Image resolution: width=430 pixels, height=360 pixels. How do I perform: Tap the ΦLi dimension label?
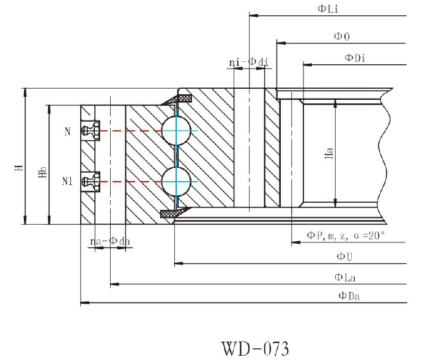point(327,8)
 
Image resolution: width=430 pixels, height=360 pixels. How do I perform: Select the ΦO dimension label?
point(341,37)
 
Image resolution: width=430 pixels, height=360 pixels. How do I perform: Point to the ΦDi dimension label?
point(355,58)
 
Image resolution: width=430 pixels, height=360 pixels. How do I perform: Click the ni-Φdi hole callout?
point(248,62)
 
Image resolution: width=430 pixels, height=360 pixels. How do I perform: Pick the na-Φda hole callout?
point(110,242)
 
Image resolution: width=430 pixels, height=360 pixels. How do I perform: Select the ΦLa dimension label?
point(345,277)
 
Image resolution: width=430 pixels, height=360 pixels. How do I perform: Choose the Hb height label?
point(42,173)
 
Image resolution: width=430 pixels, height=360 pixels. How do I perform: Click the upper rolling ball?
point(176,130)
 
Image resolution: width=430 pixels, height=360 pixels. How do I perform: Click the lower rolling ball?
point(176,182)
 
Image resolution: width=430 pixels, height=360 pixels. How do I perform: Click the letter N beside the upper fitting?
point(67,131)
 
